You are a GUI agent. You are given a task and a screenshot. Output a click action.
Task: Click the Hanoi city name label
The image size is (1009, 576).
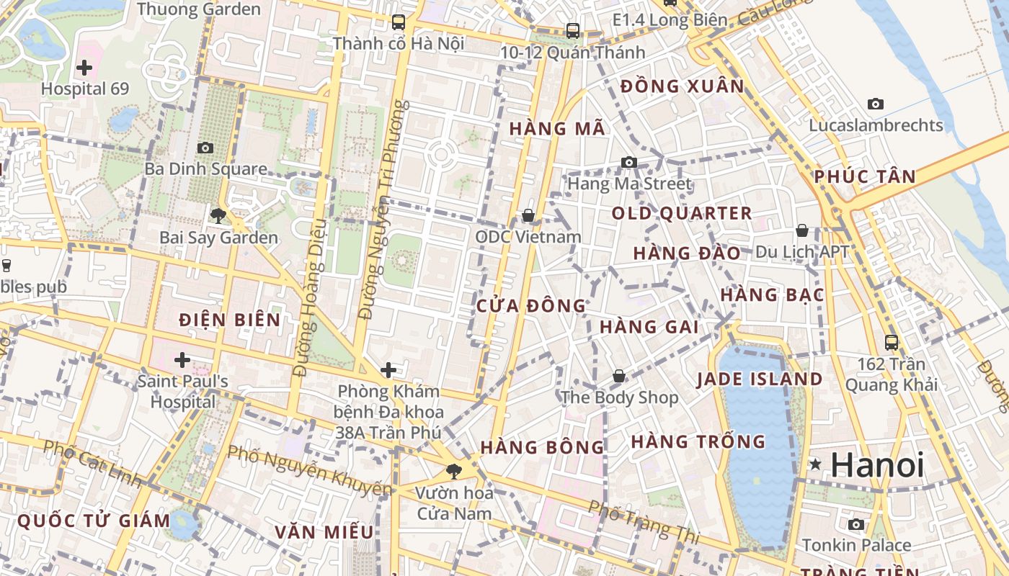point(877,464)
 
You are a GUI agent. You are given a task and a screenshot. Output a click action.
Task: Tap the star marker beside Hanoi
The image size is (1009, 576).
point(815,464)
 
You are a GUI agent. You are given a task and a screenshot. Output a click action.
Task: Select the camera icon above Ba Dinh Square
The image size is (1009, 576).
point(205,148)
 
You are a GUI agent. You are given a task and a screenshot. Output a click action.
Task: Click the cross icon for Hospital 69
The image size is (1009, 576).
point(84,68)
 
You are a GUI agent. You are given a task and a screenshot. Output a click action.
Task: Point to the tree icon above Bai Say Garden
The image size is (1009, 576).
point(218,215)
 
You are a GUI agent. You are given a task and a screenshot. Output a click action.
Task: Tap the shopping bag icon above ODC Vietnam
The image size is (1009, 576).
point(528,215)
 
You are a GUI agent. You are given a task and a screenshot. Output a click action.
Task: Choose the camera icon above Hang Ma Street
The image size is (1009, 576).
point(629,162)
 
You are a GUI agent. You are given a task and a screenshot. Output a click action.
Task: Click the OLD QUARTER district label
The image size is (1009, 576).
point(682,213)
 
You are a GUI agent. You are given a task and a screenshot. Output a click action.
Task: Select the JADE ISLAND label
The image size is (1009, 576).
point(760,379)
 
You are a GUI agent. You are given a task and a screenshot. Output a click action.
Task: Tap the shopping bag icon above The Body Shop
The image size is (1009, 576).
point(619,376)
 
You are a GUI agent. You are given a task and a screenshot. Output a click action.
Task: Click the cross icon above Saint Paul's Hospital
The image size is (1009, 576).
point(182,359)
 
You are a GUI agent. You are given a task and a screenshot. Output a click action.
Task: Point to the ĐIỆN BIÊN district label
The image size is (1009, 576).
point(230,320)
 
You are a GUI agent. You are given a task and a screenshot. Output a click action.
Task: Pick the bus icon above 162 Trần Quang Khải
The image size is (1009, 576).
point(892,342)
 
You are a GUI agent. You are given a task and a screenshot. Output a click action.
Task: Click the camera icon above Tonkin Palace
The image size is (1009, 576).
point(856,524)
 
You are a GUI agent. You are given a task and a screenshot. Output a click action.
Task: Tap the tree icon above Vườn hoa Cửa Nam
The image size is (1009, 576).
point(454,472)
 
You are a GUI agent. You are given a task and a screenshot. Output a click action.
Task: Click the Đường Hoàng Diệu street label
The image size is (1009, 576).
point(310,297)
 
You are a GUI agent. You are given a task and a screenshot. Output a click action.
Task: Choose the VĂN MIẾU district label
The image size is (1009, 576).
point(324,532)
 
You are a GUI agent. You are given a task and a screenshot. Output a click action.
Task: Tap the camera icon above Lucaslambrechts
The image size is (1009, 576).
point(876,104)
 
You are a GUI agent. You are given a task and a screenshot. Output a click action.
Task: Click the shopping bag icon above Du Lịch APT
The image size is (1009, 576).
point(801,230)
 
